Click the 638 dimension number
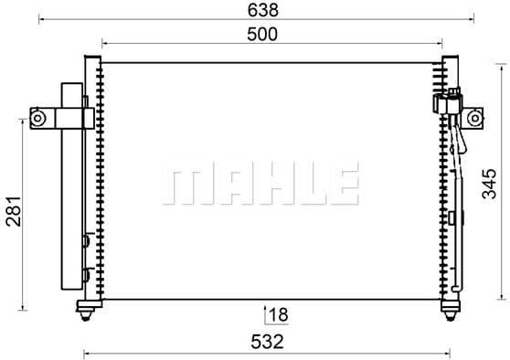click(x=263, y=10)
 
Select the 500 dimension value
click(x=262, y=34)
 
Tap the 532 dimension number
click(x=268, y=342)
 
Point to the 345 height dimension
click(x=489, y=184)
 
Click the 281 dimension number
click(x=14, y=211)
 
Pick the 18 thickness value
click(x=279, y=315)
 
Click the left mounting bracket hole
click(x=37, y=118)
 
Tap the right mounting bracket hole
click(x=474, y=118)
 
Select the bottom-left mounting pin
click(x=86, y=311)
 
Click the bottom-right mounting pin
click(x=451, y=311)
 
